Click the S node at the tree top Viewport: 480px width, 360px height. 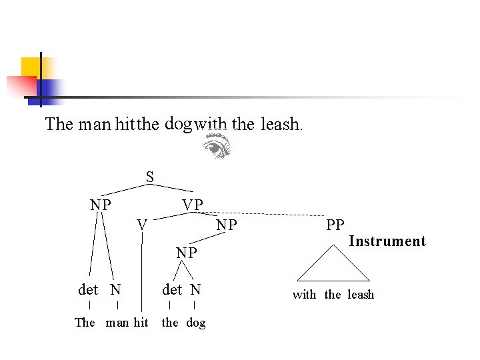click(150, 177)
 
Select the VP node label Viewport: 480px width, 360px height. click(193, 205)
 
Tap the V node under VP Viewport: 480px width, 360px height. click(142, 225)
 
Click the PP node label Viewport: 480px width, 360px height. click(335, 225)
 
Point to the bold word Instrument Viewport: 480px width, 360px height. click(387, 241)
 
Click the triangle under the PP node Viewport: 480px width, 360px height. click(333, 265)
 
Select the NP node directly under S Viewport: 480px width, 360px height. click(101, 205)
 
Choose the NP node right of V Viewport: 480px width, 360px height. click(227, 225)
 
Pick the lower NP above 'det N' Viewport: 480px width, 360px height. click(187, 253)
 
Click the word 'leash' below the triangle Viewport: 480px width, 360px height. click(361, 295)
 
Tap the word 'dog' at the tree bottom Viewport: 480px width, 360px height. click(196, 323)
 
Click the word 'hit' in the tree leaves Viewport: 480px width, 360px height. click(141, 323)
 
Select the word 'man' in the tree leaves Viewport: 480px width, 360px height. click(117, 323)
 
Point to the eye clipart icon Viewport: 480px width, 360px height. click(217, 145)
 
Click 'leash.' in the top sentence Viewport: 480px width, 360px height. click(281, 125)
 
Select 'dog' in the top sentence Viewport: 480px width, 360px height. click(178, 123)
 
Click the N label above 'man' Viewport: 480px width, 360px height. click(116, 289)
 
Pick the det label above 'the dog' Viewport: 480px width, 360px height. click(172, 289)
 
